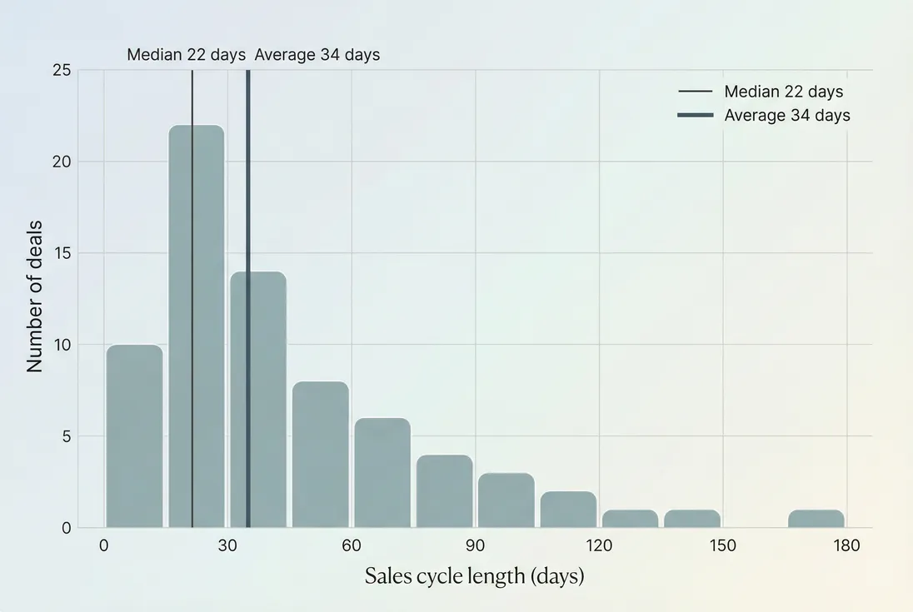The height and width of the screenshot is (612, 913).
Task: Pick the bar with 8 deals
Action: pyautogui.click(x=320, y=454)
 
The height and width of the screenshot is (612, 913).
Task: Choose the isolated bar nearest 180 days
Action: pyautogui.click(x=816, y=518)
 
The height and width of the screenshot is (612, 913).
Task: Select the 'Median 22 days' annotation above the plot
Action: pyautogui.click(x=186, y=55)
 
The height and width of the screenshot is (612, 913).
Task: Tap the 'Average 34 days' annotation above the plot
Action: pyautogui.click(x=317, y=55)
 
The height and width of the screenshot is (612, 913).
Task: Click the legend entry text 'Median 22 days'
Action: pyautogui.click(x=783, y=92)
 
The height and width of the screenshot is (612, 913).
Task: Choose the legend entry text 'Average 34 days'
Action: pyautogui.click(x=787, y=116)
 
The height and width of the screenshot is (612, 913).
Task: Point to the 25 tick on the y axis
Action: pyautogui.click(x=61, y=70)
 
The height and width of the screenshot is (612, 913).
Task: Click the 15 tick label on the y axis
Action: pyautogui.click(x=61, y=253)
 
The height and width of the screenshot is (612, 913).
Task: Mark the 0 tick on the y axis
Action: pyautogui.click(x=66, y=528)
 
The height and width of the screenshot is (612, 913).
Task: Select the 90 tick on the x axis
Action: pyautogui.click(x=475, y=546)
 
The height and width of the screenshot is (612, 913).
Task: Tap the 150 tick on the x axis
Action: pyautogui.click(x=722, y=546)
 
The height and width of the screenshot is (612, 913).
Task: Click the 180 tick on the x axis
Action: pyautogui.click(x=846, y=546)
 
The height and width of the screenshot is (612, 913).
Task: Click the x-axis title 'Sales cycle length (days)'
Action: pyautogui.click(x=474, y=576)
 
